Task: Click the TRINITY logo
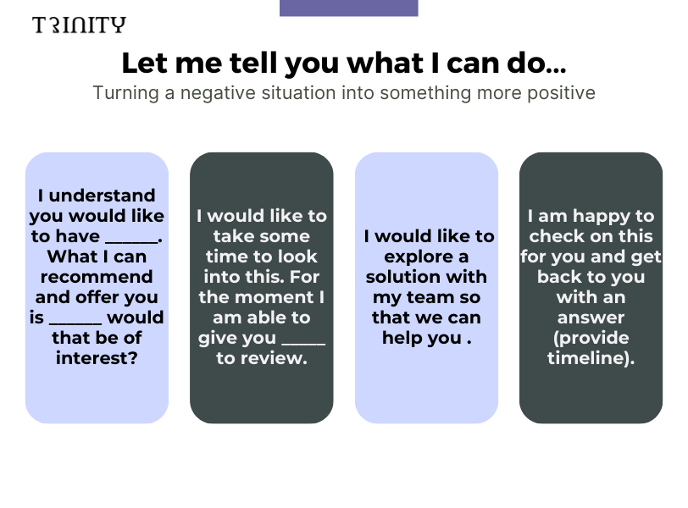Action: pos(79,25)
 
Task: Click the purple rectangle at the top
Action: pos(349,8)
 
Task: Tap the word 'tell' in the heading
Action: pos(254,63)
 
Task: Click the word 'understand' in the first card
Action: pos(102,196)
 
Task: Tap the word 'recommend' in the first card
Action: pos(97,277)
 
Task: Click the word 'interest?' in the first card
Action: pos(97,358)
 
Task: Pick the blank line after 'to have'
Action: pos(131,241)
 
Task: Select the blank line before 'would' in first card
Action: pos(75,323)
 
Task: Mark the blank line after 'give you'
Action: pos(303,343)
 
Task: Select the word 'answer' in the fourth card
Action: pos(591,317)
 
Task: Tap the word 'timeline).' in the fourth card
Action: pos(591,358)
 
